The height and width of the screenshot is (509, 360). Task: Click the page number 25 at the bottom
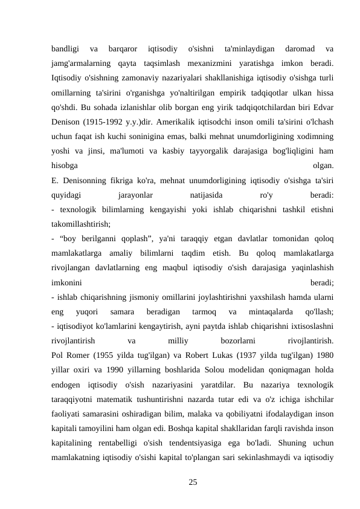point(193,482)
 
